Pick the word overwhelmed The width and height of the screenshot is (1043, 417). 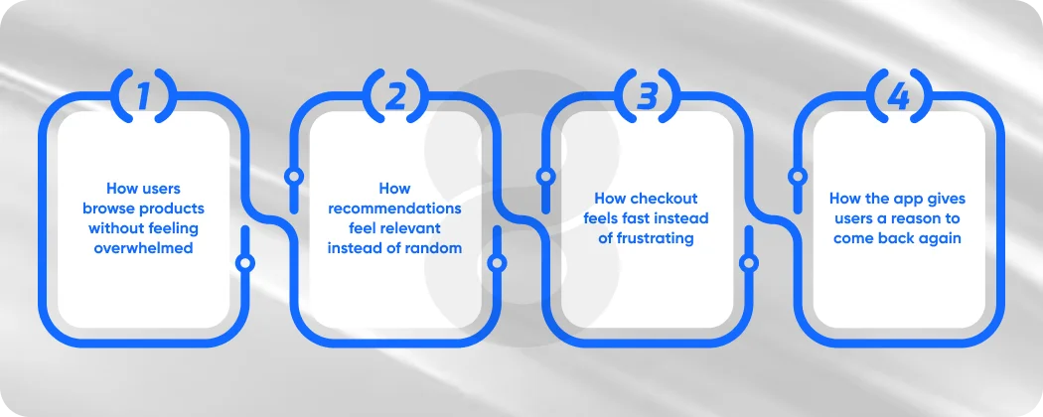click(x=143, y=248)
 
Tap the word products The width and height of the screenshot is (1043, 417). click(x=171, y=208)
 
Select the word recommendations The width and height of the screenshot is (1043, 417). click(x=394, y=208)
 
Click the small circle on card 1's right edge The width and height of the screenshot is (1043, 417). click(x=245, y=263)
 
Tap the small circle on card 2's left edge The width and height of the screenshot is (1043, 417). click(x=293, y=177)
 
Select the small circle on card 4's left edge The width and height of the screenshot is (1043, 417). click(x=797, y=177)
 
